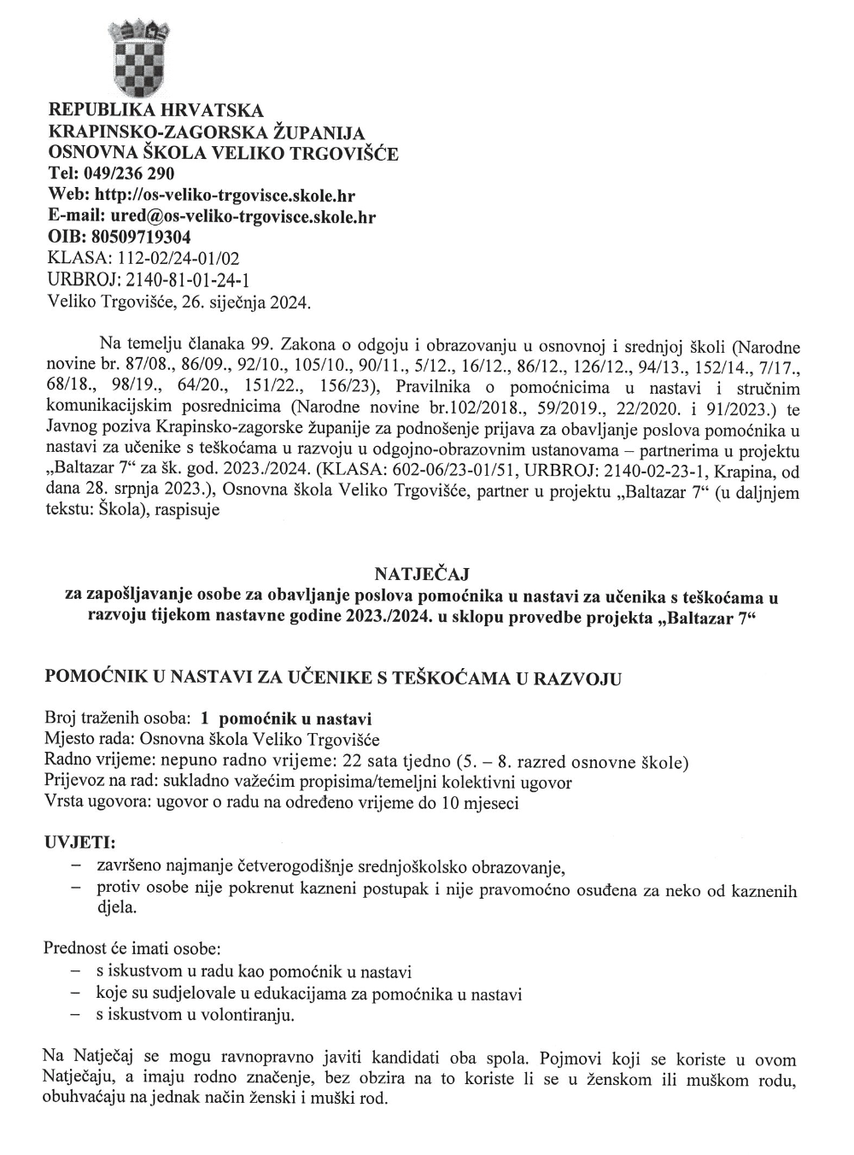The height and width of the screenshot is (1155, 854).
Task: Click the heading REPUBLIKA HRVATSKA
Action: (156, 111)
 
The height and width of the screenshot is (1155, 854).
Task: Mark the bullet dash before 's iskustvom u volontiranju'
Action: (76, 1015)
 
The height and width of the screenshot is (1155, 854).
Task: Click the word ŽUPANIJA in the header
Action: (318, 132)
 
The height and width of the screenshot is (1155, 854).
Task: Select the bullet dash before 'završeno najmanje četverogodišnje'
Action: (76, 868)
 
